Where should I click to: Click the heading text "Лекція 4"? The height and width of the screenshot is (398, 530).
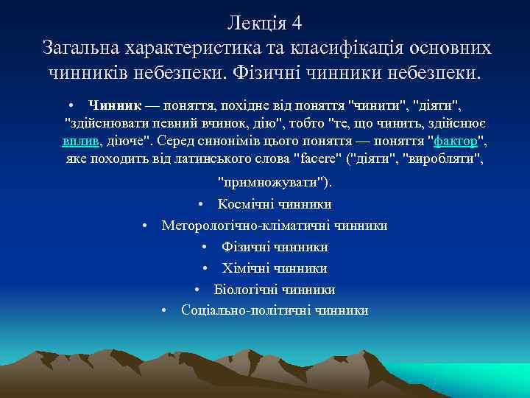(x=265, y=22)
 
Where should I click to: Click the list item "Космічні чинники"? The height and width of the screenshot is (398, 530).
(x=275, y=204)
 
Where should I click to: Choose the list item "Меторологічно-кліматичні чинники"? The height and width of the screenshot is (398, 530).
(x=275, y=226)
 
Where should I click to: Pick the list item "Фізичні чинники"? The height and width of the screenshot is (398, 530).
(x=275, y=247)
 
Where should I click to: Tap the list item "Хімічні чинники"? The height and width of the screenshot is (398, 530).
(x=275, y=268)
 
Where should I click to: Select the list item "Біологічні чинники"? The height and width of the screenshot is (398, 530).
(x=275, y=290)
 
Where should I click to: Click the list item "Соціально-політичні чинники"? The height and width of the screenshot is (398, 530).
(x=275, y=311)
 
